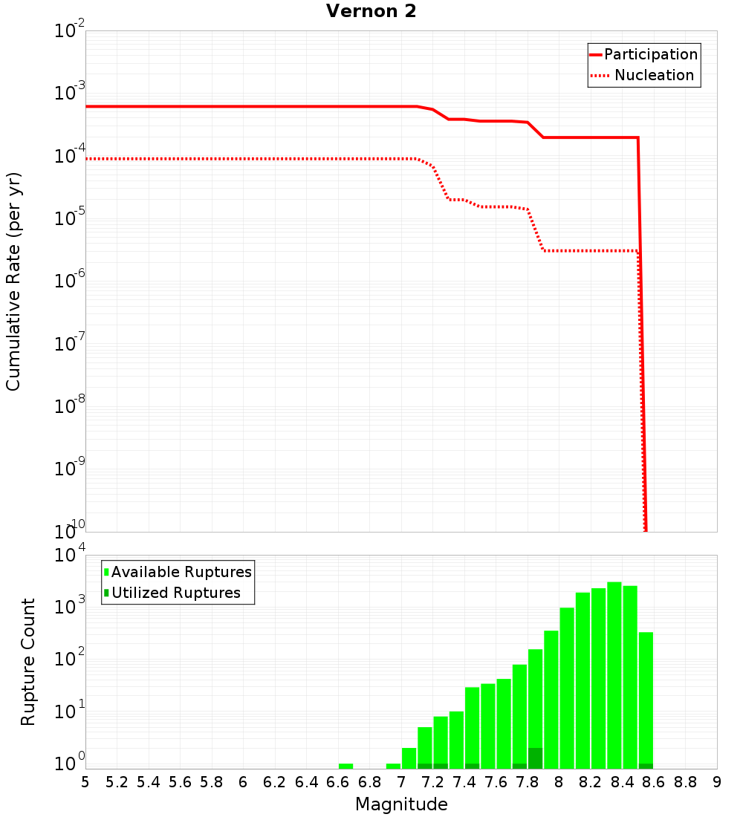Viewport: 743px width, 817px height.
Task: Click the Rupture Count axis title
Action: (28, 662)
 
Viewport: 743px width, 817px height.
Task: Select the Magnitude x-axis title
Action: (401, 804)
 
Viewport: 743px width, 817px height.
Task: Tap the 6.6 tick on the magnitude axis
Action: (338, 782)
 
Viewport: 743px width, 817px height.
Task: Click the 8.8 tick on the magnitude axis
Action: (685, 782)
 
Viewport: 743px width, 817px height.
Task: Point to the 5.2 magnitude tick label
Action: (117, 782)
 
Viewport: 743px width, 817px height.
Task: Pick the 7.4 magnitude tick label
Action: (464, 782)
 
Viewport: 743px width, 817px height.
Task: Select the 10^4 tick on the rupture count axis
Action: (71, 555)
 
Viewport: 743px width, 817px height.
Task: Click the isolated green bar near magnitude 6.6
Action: (345, 766)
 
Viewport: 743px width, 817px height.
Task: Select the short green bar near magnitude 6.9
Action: (393, 766)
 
